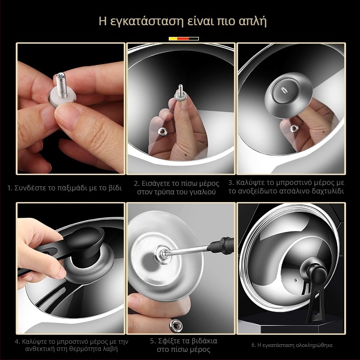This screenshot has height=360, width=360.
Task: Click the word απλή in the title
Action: pos(253,22)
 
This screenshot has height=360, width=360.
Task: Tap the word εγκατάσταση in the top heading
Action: pos(146,22)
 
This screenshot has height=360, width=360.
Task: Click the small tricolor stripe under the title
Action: pos(184,39)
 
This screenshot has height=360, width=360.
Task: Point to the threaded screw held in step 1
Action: pos(62,85)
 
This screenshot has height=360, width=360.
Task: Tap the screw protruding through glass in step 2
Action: pos(180,90)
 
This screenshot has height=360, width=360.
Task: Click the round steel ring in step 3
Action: pos(288,95)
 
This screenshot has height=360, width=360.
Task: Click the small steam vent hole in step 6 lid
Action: pos(296,280)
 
